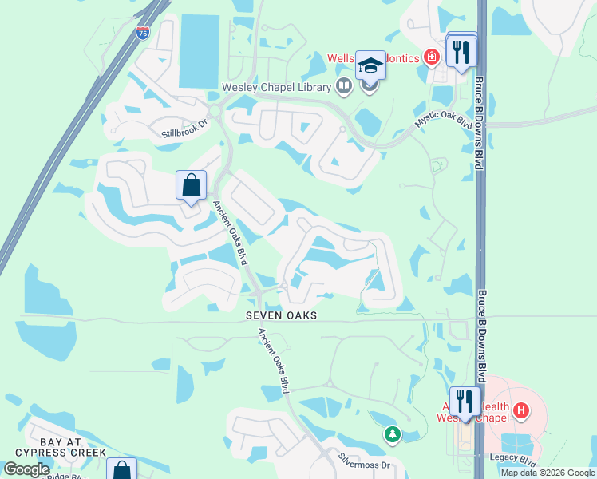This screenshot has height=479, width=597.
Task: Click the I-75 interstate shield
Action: (x=142, y=33)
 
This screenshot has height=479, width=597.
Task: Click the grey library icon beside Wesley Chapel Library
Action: (x=344, y=85)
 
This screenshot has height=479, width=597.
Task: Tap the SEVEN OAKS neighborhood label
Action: (x=281, y=315)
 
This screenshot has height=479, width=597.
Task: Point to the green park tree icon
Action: (x=391, y=434)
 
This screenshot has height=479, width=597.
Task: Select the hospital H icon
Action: (x=521, y=411)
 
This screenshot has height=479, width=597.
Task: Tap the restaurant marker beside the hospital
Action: (x=464, y=401)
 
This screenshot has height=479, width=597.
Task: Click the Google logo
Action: (x=26, y=469)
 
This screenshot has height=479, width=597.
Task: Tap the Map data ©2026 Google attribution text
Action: (x=548, y=473)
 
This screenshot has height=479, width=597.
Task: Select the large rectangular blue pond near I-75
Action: (x=200, y=50)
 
